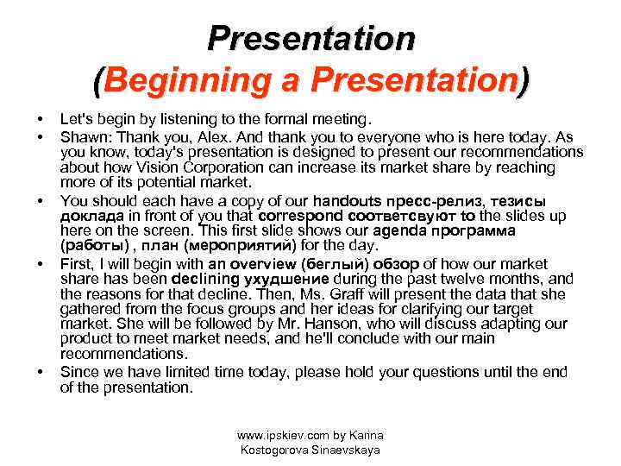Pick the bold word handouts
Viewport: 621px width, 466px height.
click(350, 199)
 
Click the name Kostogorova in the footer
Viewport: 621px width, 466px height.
click(275, 450)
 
